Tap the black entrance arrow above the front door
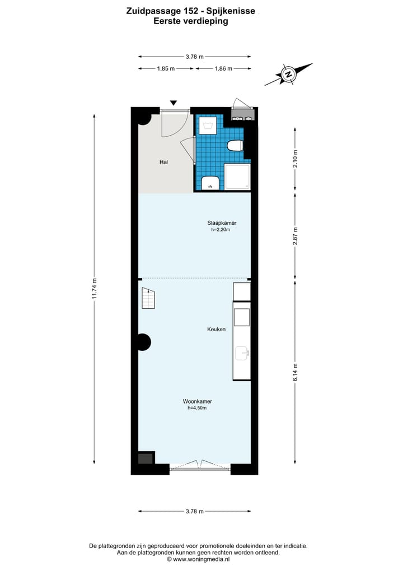click(174, 103)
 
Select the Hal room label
click(163, 162)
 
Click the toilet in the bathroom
click(235, 146)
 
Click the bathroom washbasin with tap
click(210, 183)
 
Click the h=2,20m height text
click(220, 230)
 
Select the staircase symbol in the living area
click(148, 298)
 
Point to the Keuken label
click(216, 330)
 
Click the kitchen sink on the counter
click(242, 353)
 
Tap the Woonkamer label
click(197, 401)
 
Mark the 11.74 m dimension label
click(95, 289)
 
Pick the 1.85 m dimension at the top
click(166, 68)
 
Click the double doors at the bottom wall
click(200, 465)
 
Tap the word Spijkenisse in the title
click(231, 11)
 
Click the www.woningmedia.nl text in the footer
click(201, 559)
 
